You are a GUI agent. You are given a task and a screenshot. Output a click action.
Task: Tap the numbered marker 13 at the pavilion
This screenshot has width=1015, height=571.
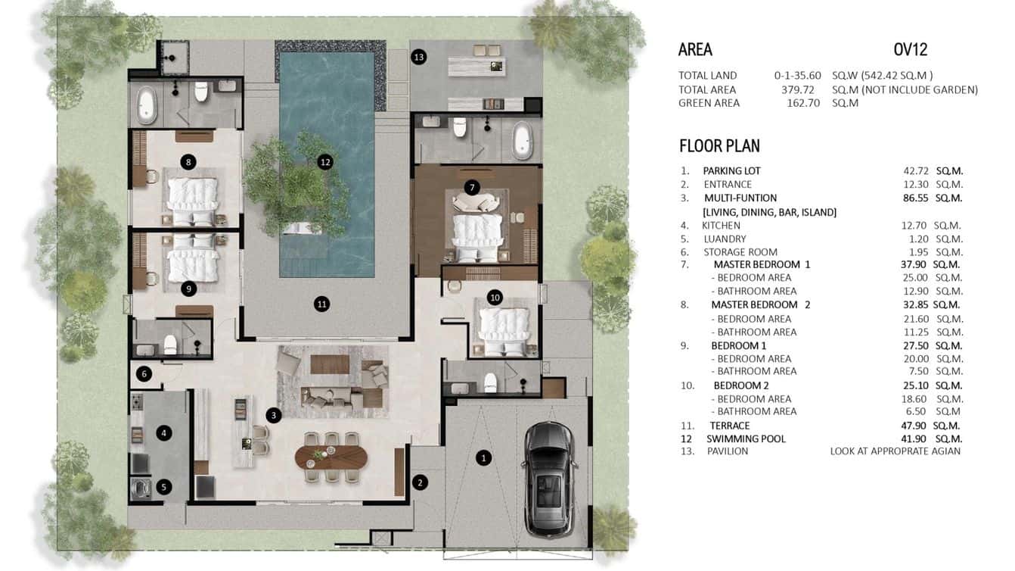pos(418,57)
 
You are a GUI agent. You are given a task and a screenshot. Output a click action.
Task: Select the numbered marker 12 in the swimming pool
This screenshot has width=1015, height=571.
pos(325,161)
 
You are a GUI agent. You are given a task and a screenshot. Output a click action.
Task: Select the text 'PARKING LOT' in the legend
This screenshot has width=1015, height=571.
pos(731,170)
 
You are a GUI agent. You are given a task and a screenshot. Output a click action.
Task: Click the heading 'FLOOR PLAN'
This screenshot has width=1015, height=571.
pos(719,145)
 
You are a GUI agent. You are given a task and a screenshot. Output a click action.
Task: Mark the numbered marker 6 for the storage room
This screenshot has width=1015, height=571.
pos(145,373)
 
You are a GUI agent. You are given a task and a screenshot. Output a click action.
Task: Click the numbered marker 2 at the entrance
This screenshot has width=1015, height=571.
pos(419,482)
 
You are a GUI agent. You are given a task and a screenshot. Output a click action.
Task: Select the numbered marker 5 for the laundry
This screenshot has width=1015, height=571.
pos(163,487)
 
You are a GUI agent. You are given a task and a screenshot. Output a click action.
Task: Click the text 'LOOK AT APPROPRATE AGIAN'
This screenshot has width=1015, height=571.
pos(895,451)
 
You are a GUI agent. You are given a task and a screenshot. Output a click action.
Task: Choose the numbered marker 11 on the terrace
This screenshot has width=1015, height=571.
pos(322,304)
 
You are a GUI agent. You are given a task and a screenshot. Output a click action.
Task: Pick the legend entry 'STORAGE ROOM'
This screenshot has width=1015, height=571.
pos(740,252)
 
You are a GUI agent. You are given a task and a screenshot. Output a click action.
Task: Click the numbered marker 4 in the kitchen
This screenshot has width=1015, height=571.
pos(163,433)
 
